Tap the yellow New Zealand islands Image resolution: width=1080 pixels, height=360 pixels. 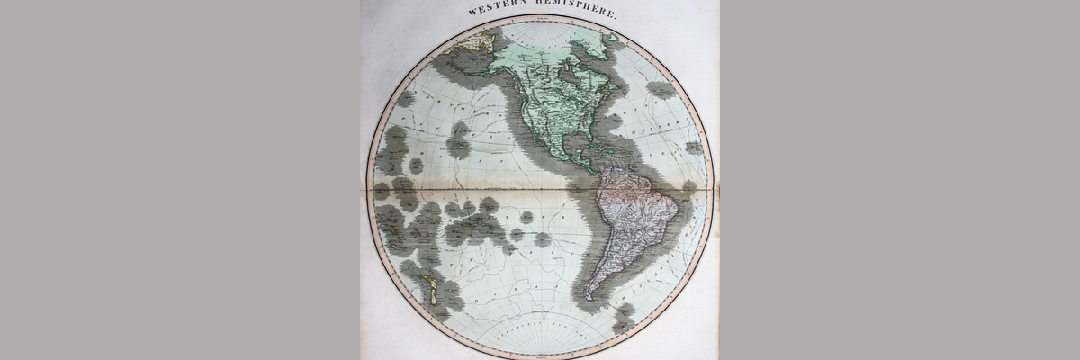click(x=431, y=289)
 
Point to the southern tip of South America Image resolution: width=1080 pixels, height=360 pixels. click(x=589, y=296)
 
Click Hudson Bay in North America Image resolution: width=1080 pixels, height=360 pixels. click(x=569, y=77)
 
